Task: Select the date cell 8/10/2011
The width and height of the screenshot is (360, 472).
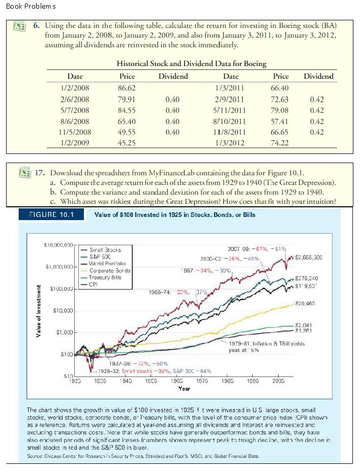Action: coord(231,121)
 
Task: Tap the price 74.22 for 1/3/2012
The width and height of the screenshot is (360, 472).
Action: coord(281,144)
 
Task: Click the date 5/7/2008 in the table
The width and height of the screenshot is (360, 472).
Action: coord(75,110)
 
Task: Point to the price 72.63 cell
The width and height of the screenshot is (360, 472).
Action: coord(281,99)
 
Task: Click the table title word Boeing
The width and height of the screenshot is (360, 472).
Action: coord(253,64)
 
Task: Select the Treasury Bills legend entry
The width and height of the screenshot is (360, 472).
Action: coord(106,277)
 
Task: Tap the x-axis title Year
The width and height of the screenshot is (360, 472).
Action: coord(184,389)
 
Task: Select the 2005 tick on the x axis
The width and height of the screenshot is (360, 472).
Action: coord(278,381)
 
